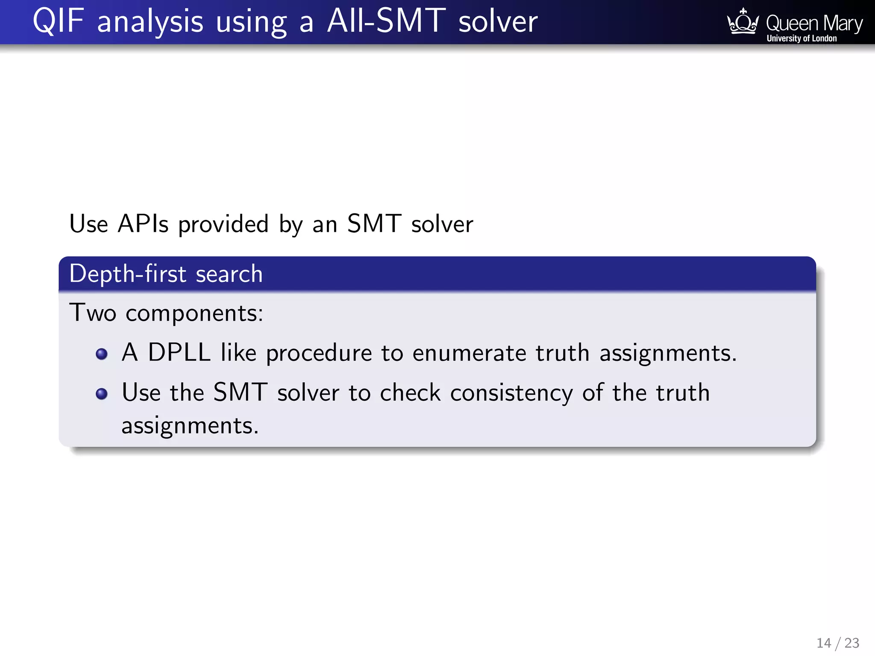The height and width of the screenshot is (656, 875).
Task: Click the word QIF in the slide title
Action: pos(58,21)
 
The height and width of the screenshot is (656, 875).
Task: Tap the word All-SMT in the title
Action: pos(386,21)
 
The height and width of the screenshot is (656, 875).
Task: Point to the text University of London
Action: pos(802,38)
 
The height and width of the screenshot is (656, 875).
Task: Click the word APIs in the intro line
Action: pos(143,223)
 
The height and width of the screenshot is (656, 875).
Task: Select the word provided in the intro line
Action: pos(223,224)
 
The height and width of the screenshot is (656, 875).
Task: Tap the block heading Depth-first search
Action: pos(166,274)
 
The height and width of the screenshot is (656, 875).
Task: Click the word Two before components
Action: pos(93,313)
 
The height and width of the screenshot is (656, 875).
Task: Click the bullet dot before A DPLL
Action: pos(102,354)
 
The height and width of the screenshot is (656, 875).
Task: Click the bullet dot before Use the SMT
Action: pos(102,393)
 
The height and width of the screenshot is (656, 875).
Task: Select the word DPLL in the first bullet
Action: pos(179,353)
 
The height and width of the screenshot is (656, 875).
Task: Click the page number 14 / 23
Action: pos(837,643)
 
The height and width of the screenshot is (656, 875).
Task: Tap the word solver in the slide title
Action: pos(498,21)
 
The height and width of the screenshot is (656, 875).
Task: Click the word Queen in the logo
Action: pos(792,23)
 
